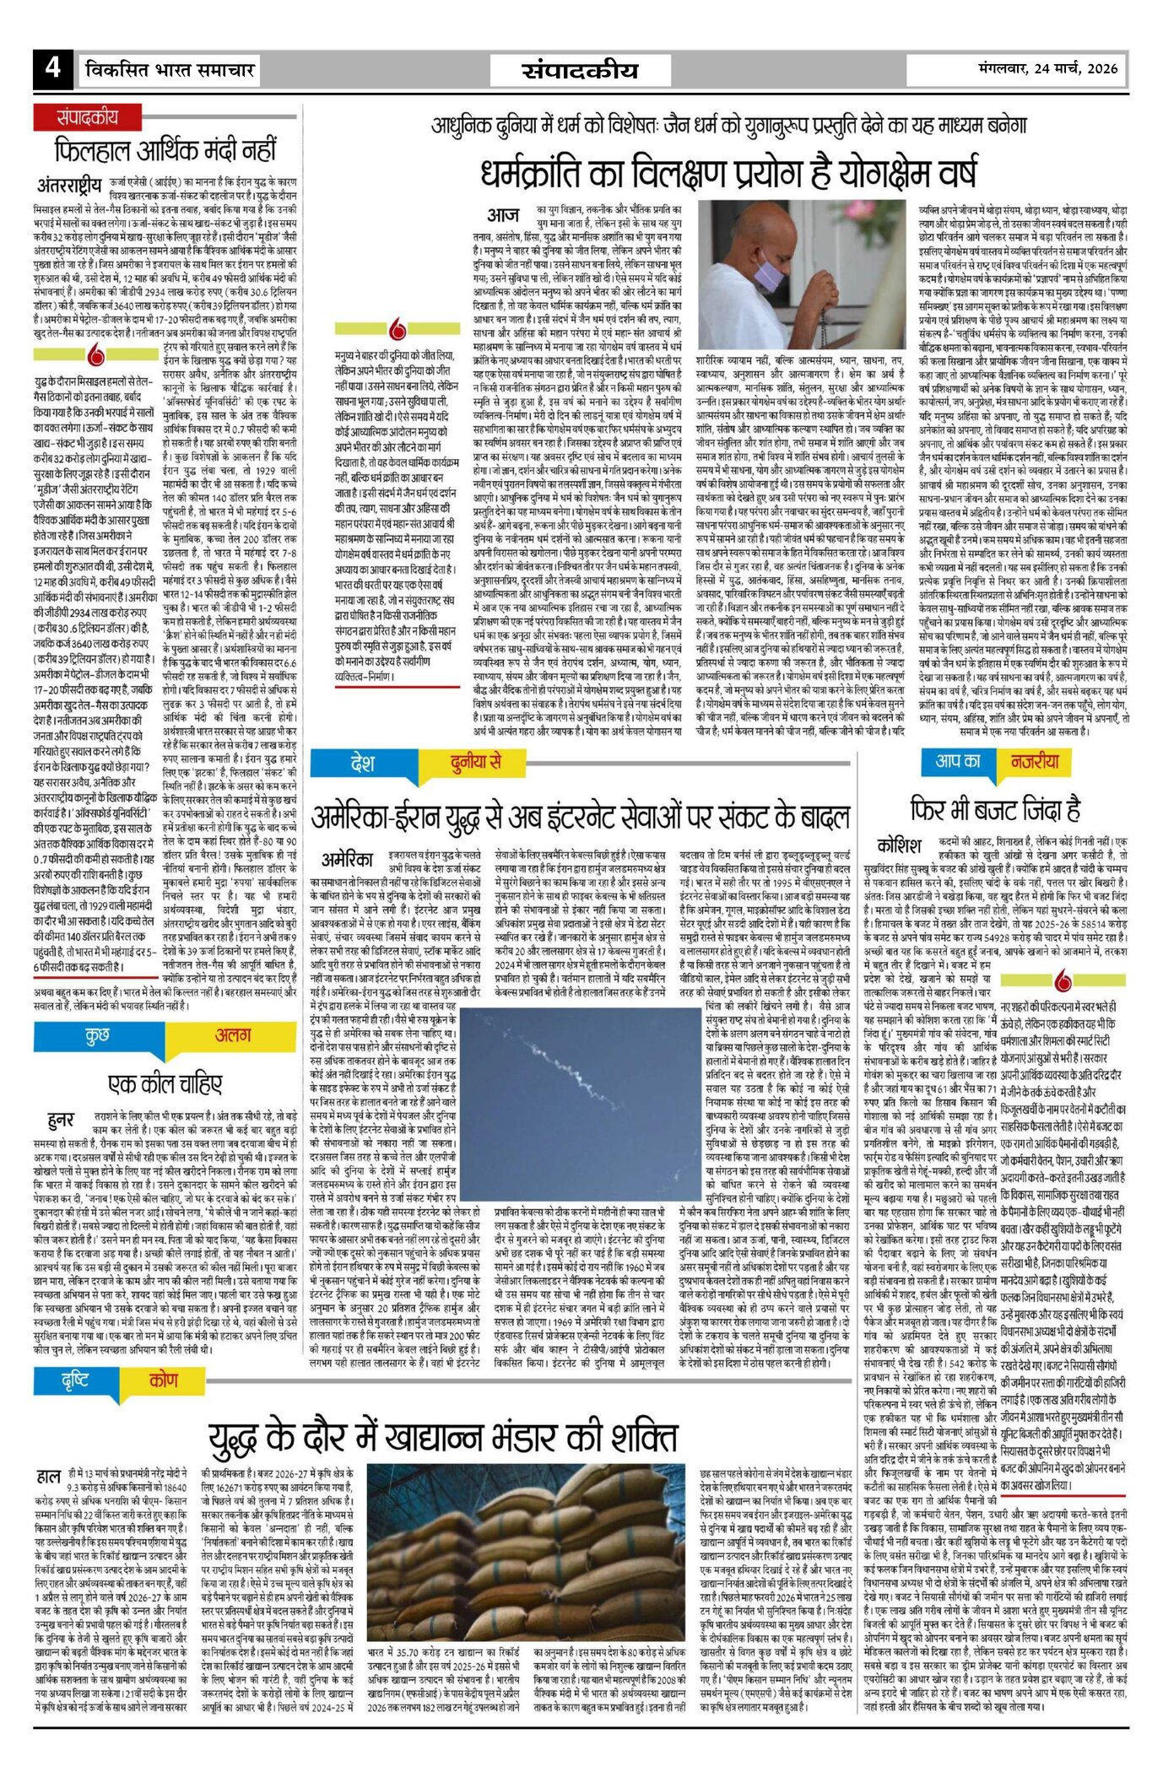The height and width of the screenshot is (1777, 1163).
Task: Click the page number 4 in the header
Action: tap(53, 68)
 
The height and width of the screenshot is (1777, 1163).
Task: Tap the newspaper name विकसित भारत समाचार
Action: tap(170, 70)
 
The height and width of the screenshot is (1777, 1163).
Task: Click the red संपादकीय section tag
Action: tap(88, 117)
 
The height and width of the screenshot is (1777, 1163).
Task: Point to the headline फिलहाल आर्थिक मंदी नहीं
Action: tap(165, 151)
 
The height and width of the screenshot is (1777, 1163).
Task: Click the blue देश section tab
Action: tap(363, 764)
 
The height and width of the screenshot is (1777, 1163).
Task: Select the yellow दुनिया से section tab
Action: tap(476, 764)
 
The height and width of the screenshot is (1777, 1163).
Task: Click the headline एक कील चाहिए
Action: tap(165, 1083)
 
